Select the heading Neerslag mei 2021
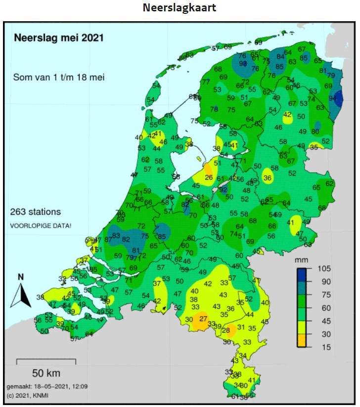click(58, 38)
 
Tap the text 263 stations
click(36, 212)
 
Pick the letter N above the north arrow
click(20, 277)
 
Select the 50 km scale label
click(46, 373)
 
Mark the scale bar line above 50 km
click(46, 360)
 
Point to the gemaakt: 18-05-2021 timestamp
click(47, 386)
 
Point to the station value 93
click(243, 64)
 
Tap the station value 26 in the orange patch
click(209, 178)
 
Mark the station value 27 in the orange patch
click(203, 319)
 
